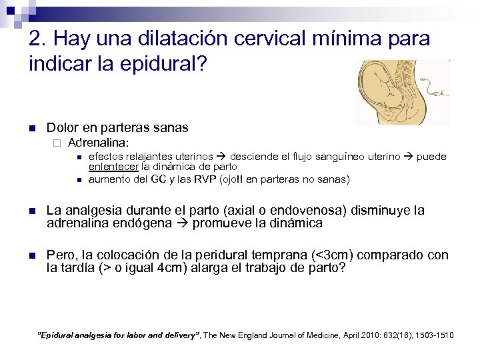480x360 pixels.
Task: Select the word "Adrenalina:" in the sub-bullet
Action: [98, 143]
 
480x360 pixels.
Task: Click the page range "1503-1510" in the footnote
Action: [433, 335]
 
